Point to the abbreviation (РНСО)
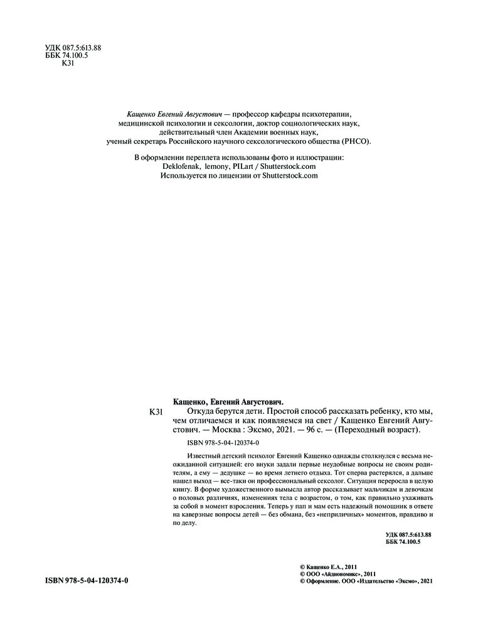(x=356, y=142)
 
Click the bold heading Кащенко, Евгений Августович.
(x=228, y=400)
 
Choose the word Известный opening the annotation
(x=206, y=454)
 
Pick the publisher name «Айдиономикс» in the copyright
(x=343, y=573)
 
